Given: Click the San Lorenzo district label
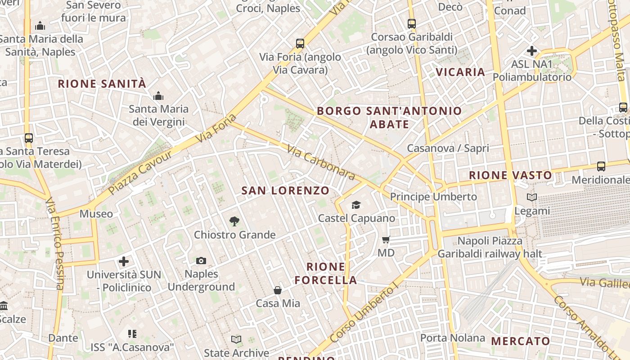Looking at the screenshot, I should [285, 190].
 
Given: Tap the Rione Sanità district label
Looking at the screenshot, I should [102, 84].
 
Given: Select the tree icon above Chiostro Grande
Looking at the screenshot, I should [234, 221].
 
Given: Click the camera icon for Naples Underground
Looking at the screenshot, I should [201, 261].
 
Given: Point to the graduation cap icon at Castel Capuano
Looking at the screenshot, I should [356, 205].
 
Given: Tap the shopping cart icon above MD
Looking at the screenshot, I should [386, 239].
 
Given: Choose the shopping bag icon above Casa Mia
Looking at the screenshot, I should [278, 290].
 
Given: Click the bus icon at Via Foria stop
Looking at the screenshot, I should [300, 44].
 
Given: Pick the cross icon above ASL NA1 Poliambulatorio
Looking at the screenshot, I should [531, 51].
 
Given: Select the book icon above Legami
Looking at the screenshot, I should [532, 197].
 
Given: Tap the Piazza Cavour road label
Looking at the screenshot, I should [139, 172].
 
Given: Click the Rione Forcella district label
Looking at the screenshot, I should [326, 273].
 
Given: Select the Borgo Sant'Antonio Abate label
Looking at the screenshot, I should [389, 117].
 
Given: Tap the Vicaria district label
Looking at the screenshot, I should [460, 72].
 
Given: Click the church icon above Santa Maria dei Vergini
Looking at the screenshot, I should [158, 96].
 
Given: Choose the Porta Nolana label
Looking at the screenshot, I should [453, 337].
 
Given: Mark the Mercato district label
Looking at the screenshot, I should [521, 341].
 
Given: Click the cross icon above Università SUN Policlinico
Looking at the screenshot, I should [124, 261].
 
